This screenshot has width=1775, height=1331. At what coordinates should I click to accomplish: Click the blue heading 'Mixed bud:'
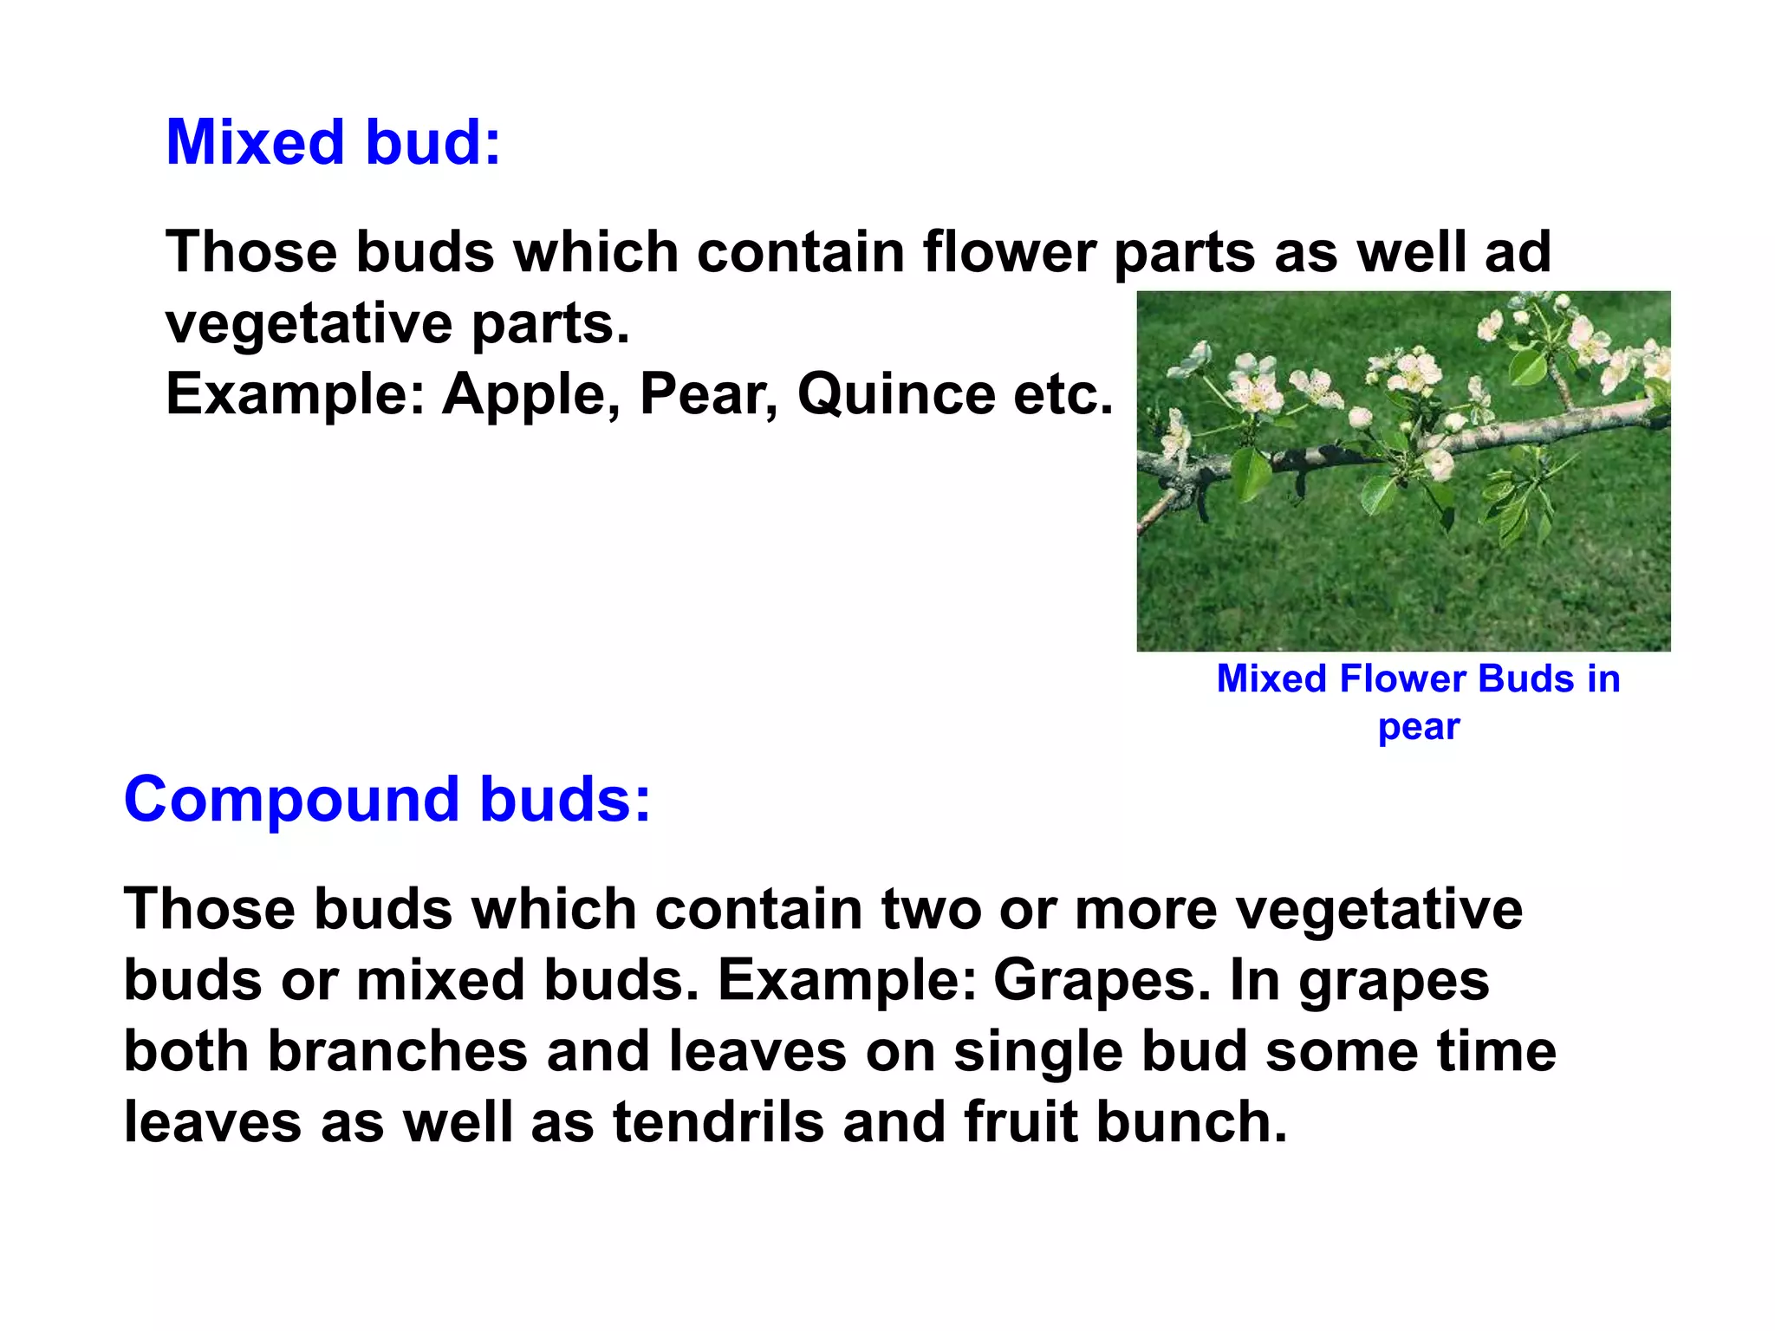coord(333,142)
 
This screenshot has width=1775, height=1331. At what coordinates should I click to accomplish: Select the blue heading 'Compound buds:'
coord(387,799)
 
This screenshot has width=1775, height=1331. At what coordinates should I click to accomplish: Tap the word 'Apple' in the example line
coord(525,394)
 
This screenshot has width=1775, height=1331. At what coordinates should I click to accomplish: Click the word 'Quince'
coord(896,394)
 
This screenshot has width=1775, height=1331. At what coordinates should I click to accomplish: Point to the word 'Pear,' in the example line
coord(708,394)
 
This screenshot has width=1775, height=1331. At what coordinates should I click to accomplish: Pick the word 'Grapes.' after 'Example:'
coord(1102,980)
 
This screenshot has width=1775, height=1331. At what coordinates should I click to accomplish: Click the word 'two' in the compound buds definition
coord(931,909)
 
